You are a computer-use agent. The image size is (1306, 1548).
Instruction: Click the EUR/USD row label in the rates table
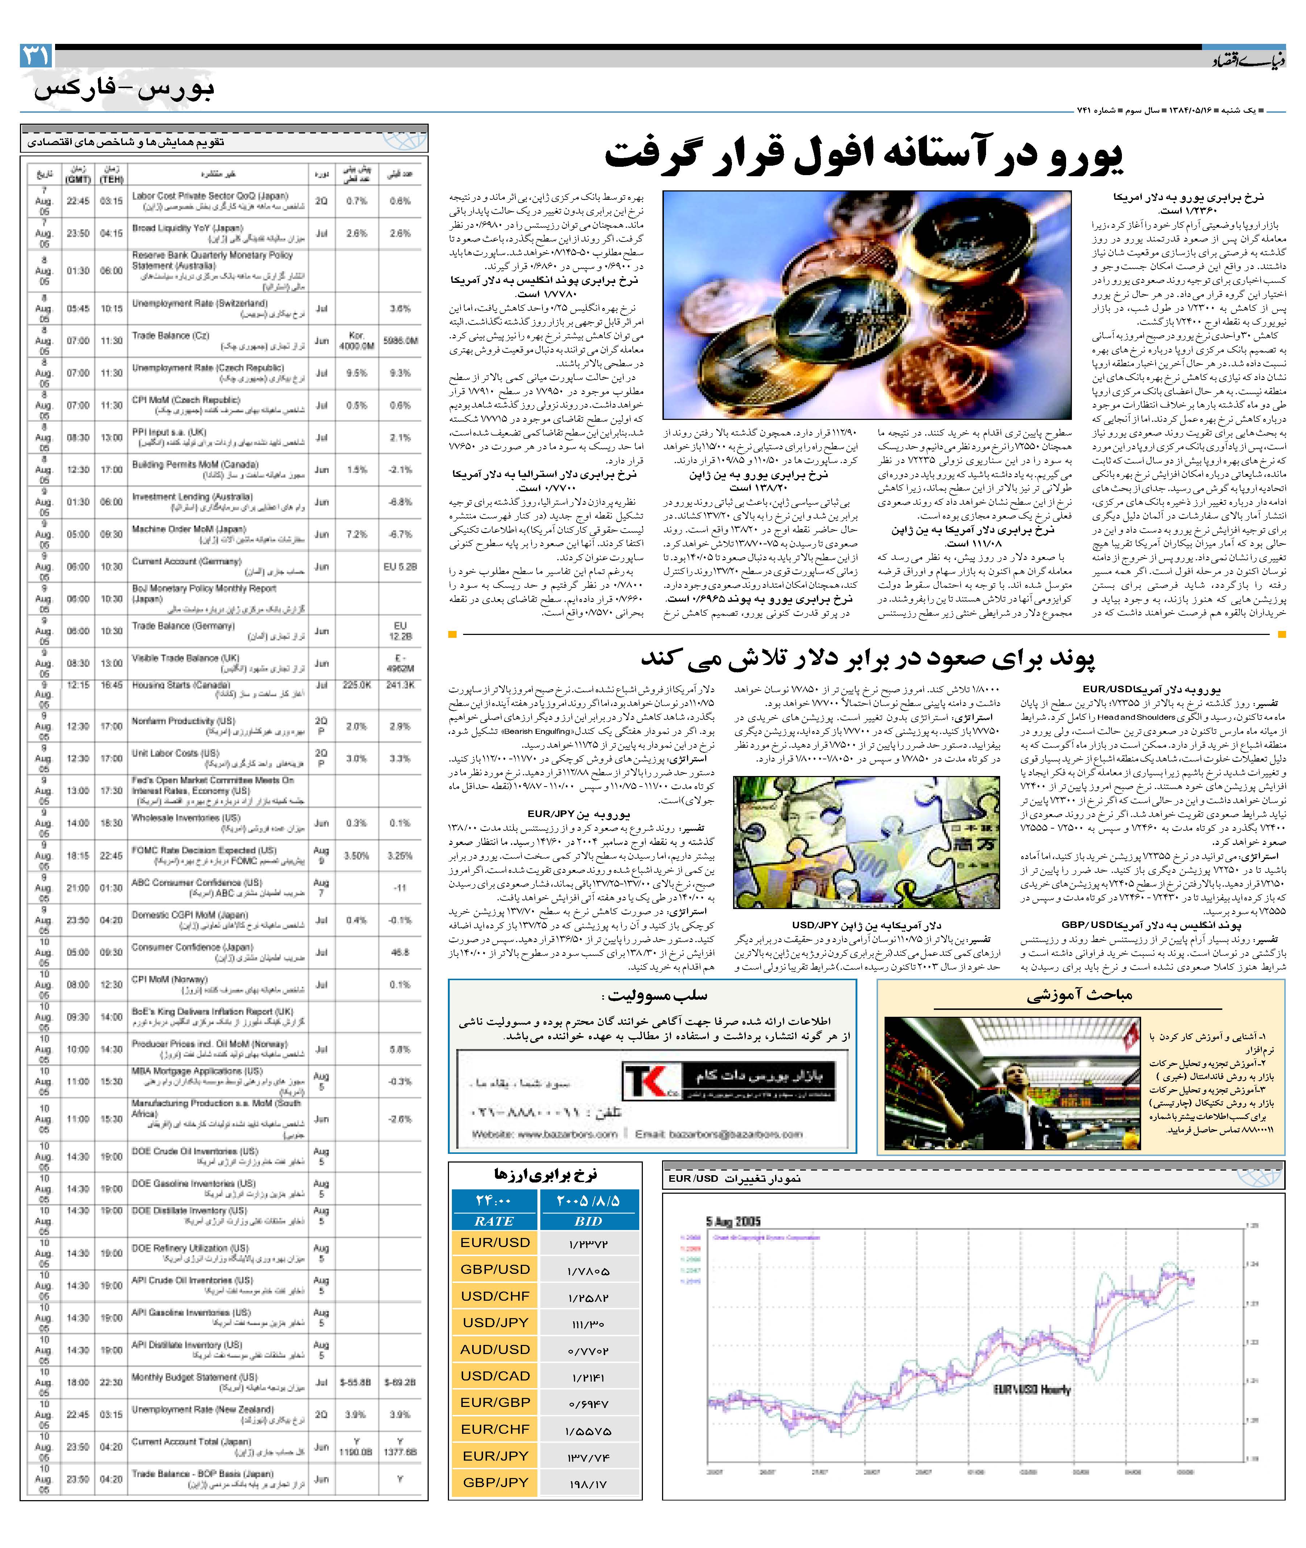click(495, 1242)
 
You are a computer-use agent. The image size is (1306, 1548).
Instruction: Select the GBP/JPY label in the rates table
click(495, 1482)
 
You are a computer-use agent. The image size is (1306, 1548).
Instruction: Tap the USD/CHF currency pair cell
click(495, 1295)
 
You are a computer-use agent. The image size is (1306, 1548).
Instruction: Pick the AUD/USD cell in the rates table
click(495, 1349)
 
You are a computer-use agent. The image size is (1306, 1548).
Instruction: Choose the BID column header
click(588, 1221)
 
